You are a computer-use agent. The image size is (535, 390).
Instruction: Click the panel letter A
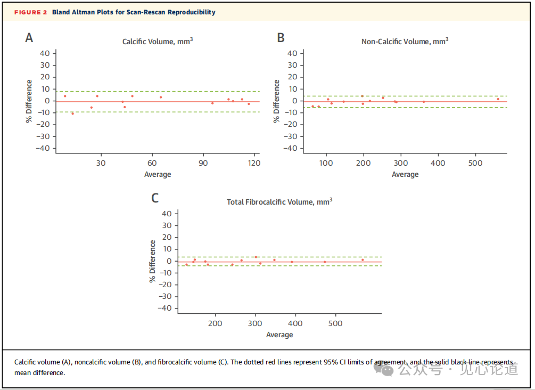29,37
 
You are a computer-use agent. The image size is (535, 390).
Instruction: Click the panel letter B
281,37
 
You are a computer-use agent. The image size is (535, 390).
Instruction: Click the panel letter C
155,198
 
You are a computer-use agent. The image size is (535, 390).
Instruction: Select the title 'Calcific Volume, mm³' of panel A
158,41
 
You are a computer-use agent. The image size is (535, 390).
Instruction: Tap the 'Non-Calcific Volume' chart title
405,41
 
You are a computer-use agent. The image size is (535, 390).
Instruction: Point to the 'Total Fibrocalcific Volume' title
279,201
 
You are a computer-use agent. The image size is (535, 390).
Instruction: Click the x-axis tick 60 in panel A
152,163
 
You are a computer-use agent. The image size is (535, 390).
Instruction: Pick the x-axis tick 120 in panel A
254,163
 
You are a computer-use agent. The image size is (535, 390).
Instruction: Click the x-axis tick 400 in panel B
438,163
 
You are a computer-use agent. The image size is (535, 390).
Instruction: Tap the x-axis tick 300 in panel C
256,323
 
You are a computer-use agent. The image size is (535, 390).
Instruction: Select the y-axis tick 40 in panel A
45,53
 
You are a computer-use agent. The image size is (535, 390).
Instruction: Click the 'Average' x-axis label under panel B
405,174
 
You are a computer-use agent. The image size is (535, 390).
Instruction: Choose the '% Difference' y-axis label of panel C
153,261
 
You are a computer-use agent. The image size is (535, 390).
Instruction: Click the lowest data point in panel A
73,113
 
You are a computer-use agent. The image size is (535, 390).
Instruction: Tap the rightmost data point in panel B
498,99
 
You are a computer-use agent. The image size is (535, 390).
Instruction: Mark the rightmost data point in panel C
363,260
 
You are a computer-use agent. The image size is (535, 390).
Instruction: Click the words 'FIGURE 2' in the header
31,12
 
